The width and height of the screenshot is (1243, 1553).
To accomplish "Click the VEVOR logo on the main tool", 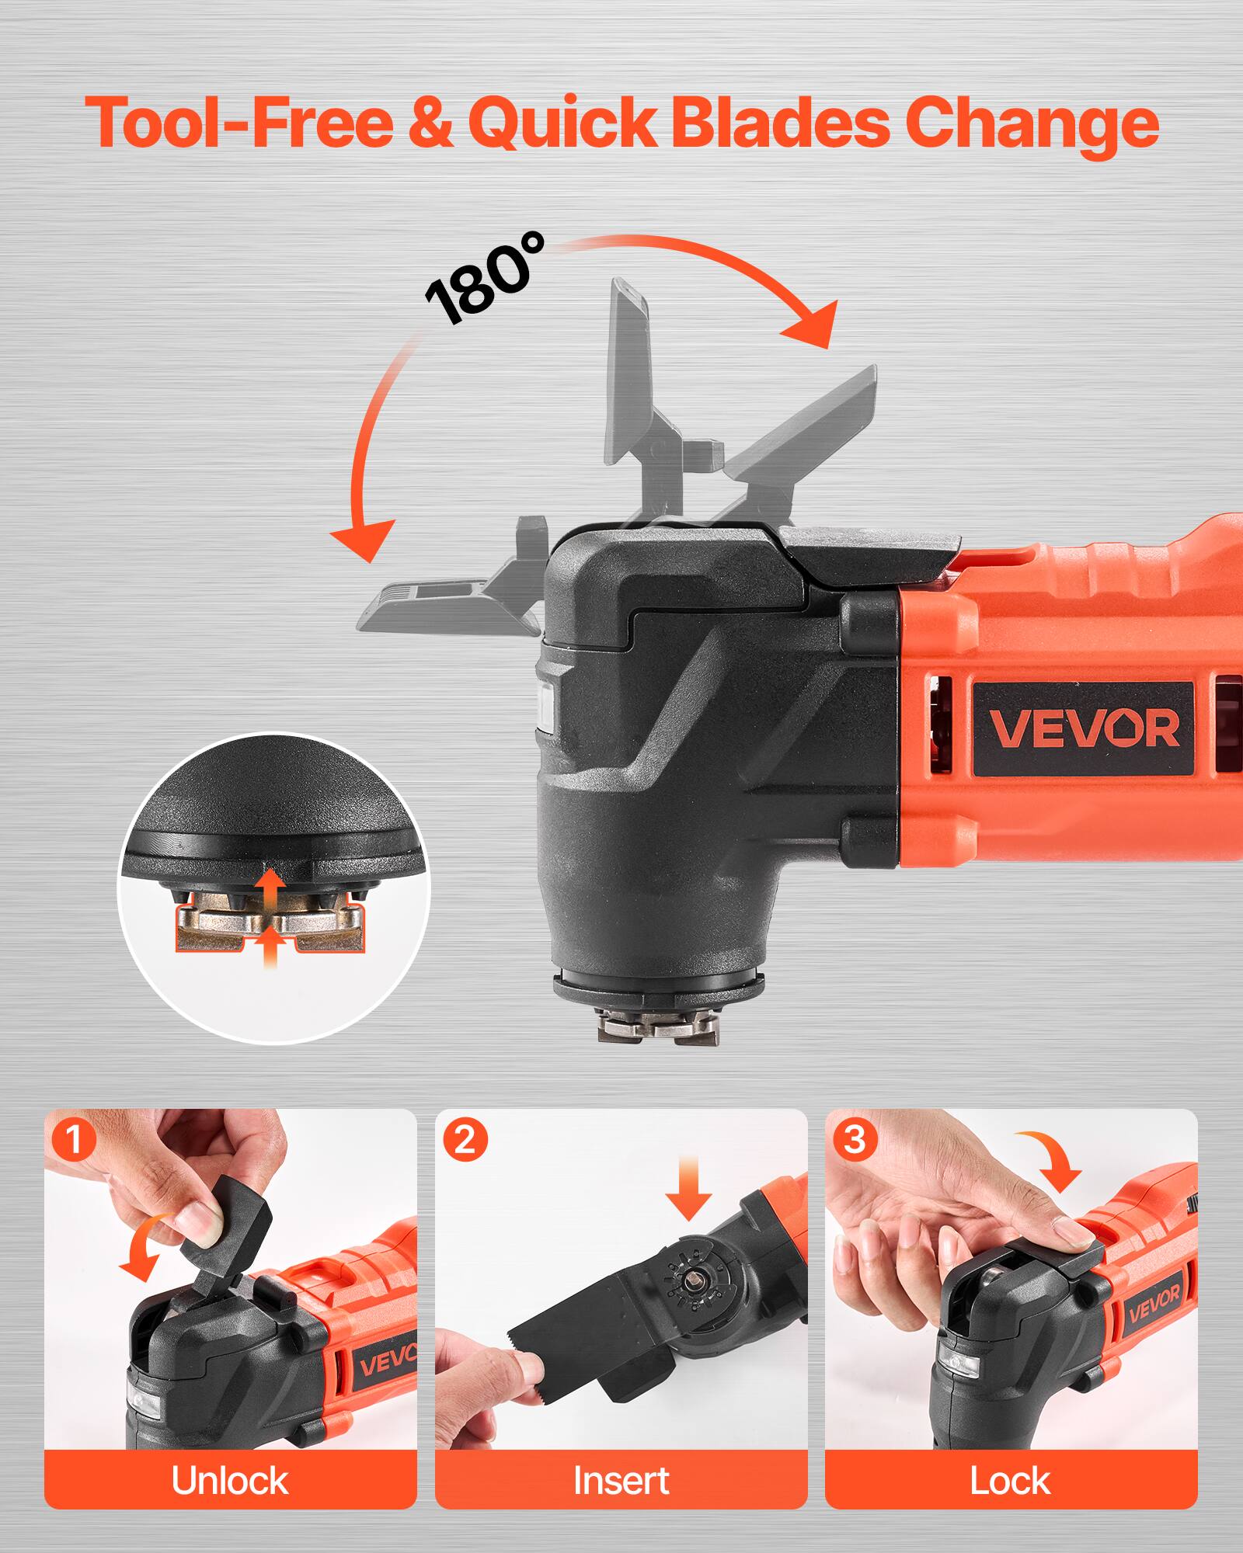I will coord(1084,728).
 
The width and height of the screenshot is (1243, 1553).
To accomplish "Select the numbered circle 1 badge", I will coord(73,1140).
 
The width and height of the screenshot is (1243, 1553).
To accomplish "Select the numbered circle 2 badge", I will coord(464,1140).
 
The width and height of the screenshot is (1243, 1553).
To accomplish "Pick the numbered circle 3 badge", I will coord(855,1140).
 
